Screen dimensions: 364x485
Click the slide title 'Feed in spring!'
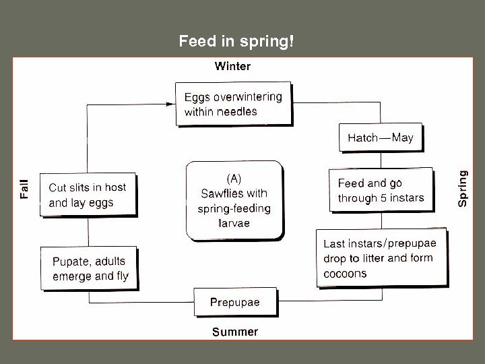pos(236,42)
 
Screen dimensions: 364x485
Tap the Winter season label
pos(232,66)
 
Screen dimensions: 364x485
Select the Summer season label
pos(234,332)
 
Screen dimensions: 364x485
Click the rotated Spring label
pos(463,188)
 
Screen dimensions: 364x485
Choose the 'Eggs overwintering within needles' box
pos(233,104)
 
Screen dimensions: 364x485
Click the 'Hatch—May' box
pos(380,138)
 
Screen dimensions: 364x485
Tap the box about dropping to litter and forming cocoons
pos(381,258)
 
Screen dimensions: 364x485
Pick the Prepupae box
pos(234,302)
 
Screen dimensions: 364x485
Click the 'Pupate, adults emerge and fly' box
pos(90,268)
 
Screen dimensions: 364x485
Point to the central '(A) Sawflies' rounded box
pos(234,201)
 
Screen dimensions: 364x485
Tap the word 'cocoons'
pos(345,274)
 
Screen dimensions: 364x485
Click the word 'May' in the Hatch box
pos(402,138)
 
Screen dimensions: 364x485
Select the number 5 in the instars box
pos(384,198)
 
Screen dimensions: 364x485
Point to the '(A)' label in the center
pos(233,179)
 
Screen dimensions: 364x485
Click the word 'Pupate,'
pos(72,261)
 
